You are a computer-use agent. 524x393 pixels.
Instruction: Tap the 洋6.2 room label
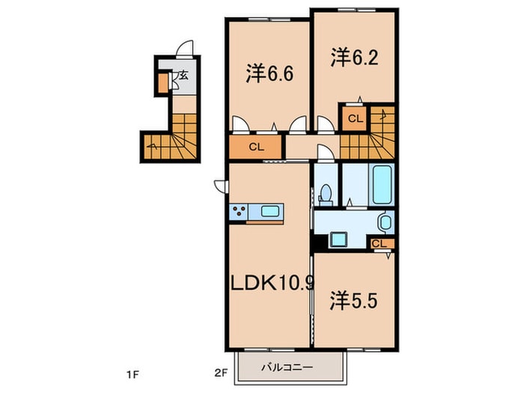point(350,57)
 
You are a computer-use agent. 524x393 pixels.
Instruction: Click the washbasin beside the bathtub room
point(384,222)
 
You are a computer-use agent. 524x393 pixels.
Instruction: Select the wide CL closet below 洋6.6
point(256,147)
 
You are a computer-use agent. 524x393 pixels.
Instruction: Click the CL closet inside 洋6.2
point(355,118)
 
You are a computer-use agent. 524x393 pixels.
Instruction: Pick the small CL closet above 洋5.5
point(380,243)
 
